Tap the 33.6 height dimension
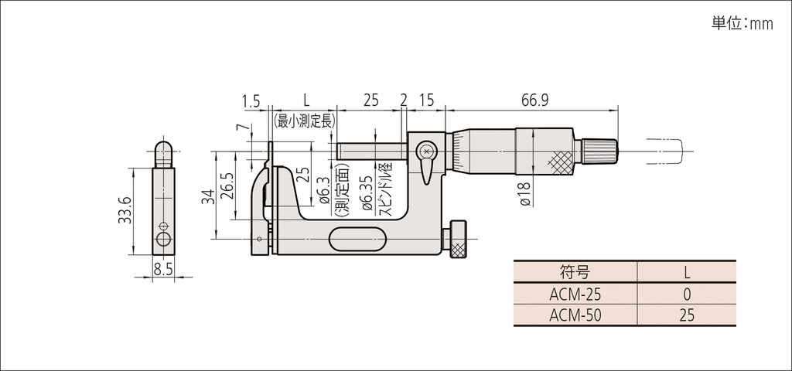(x=126, y=210)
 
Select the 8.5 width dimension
(x=163, y=270)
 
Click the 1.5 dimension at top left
(x=250, y=100)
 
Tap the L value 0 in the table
(x=687, y=294)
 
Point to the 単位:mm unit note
(x=742, y=24)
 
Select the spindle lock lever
(x=426, y=164)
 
